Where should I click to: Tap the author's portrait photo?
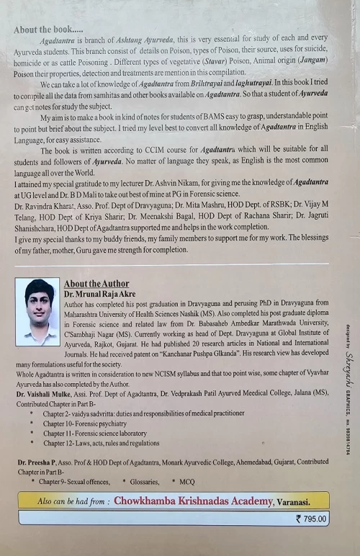tap(38, 312)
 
